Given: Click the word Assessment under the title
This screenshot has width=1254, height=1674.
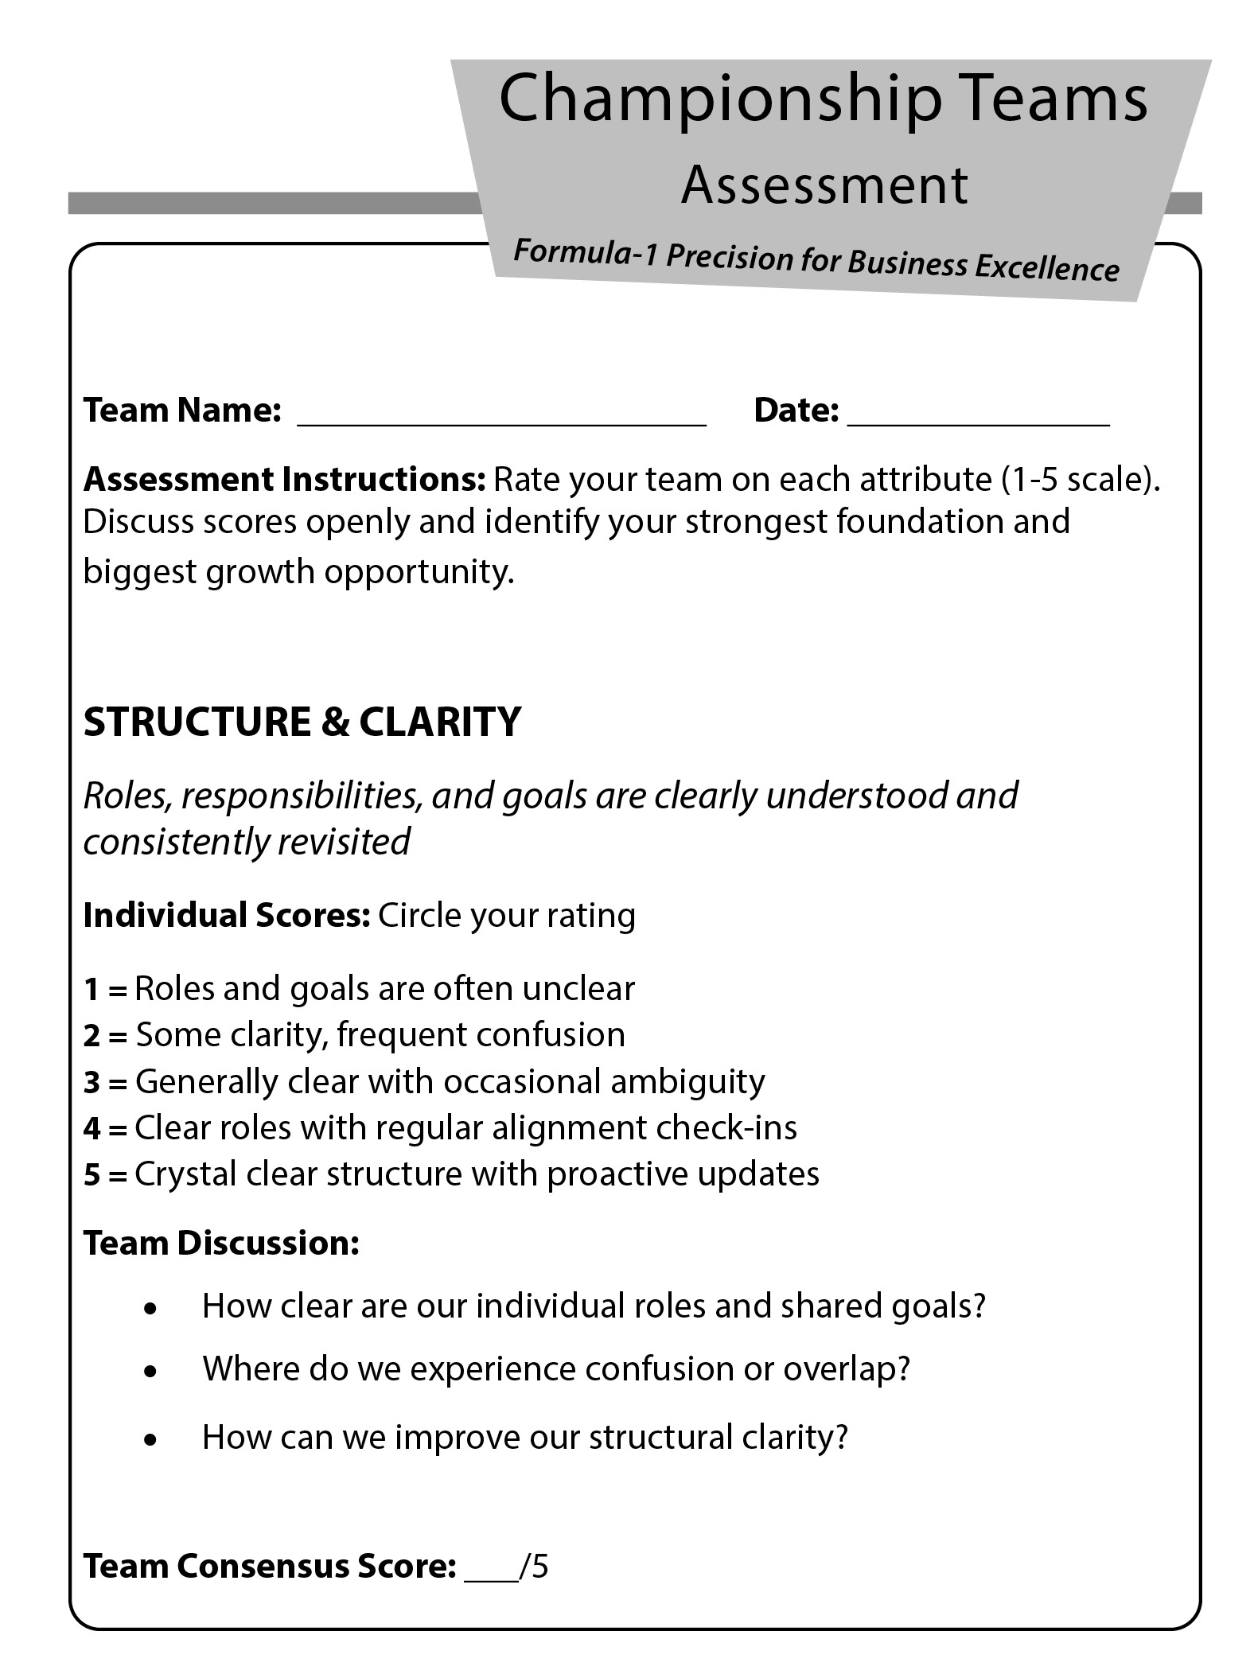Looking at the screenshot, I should click(824, 185).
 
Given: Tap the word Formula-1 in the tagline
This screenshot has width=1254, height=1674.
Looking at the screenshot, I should click(584, 253).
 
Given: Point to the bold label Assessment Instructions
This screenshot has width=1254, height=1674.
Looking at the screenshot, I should click(284, 479).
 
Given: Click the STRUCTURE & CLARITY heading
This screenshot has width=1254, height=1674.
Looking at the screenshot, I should click(302, 722).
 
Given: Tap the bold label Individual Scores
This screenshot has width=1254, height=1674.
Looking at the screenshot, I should click(227, 915).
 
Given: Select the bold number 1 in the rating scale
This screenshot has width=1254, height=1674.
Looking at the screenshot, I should click(92, 989).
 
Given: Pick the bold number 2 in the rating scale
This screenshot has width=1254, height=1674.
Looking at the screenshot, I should click(92, 1035).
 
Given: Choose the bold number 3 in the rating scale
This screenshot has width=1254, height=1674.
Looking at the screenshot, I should click(92, 1082).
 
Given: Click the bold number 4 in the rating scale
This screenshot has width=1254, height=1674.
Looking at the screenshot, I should click(92, 1128).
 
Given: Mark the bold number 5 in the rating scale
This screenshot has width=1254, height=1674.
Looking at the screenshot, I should click(92, 1174).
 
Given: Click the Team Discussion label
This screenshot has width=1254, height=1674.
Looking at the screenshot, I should click(221, 1243).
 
